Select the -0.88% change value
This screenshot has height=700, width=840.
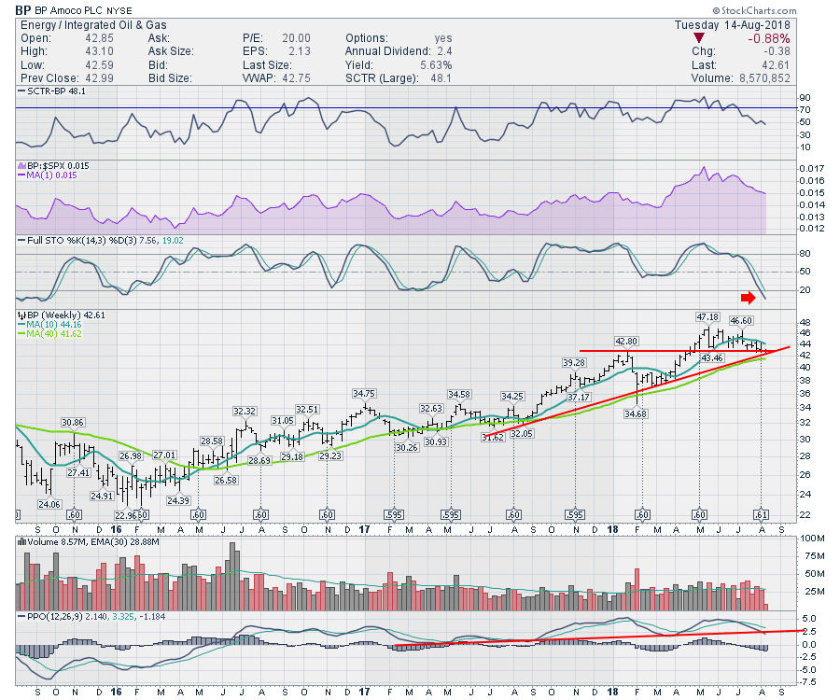coord(770,38)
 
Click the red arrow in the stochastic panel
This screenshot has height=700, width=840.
coord(749,298)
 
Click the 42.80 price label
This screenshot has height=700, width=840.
coord(624,341)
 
